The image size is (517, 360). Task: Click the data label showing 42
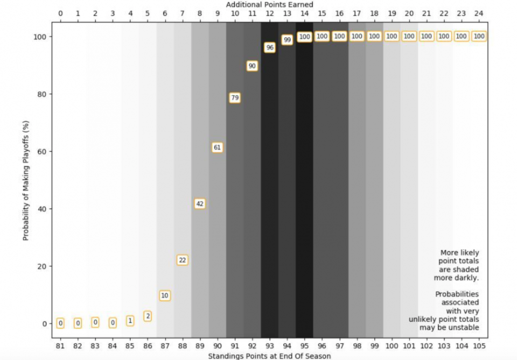coord(200,204)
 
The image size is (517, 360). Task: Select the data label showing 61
coord(217,147)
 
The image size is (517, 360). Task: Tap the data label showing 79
coord(234,98)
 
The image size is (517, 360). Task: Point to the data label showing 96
coord(269,47)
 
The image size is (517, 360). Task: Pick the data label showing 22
coord(182,260)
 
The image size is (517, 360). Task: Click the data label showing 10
coord(165,295)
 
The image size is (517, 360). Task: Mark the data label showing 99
coord(287,40)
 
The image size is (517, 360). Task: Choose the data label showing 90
coord(252,66)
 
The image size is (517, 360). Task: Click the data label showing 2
coord(148,316)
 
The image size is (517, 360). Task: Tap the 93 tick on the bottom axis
coord(269,345)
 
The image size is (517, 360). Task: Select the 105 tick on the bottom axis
coord(479,345)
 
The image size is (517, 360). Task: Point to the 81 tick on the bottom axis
coord(60,345)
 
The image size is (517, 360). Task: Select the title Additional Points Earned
coord(269,4)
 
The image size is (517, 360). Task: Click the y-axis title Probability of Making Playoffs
coord(26,180)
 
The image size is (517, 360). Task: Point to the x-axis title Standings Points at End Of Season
coord(269,356)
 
